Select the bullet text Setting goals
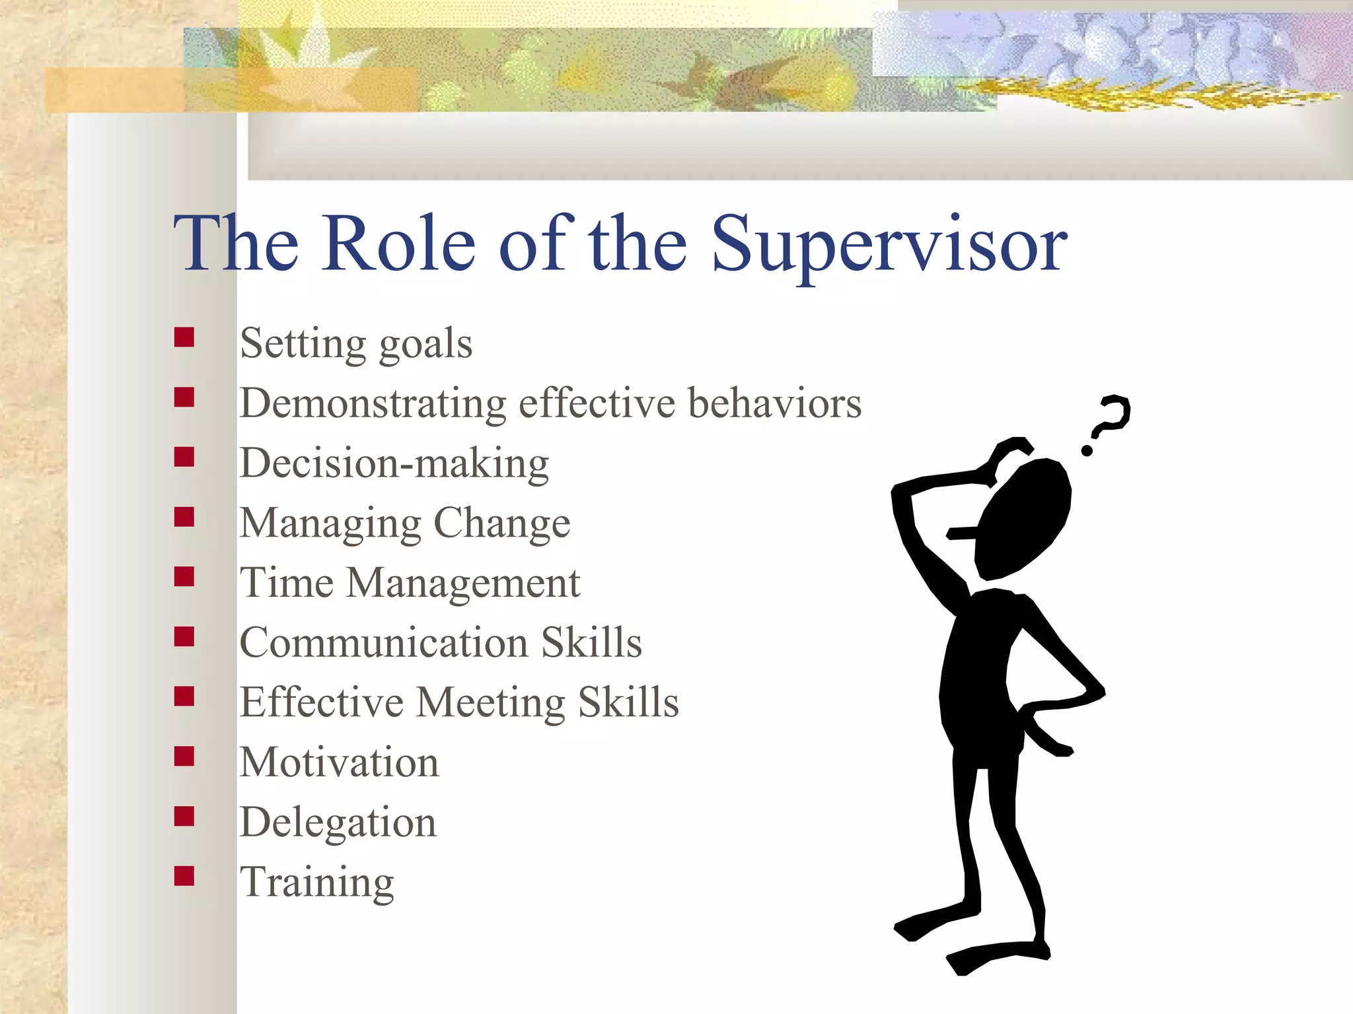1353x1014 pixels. pos(356,344)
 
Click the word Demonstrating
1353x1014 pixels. pos(373,403)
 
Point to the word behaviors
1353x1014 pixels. pos(774,403)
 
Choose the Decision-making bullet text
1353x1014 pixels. pos(394,463)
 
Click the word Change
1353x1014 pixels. pos(502,524)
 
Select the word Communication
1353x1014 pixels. pos(384,643)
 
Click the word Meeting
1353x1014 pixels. pos(491,702)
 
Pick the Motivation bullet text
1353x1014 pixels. pos(339,762)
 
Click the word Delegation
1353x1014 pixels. pos(338,823)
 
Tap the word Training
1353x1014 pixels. pos(316,883)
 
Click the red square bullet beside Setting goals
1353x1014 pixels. pos(184,337)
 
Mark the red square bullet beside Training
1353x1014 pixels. pos(184,876)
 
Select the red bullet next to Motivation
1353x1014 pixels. pos(184,756)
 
